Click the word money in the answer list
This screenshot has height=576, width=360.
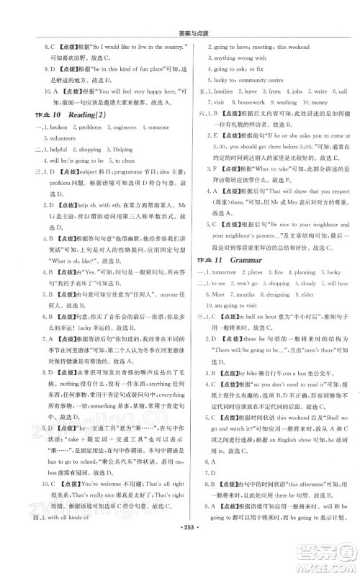(x=318, y=103)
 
